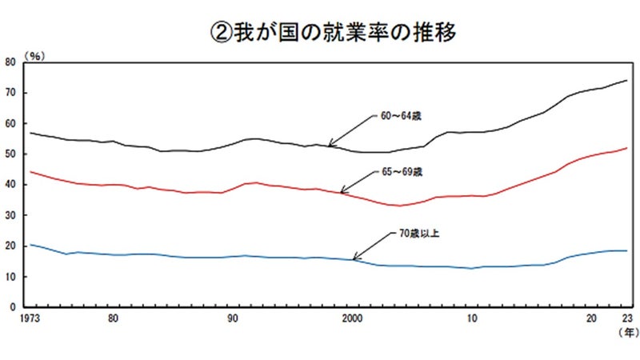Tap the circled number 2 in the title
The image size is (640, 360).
pyautogui.click(x=221, y=33)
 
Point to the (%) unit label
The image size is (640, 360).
pyautogui.click(x=34, y=56)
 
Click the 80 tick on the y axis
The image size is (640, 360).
pyautogui.click(x=10, y=62)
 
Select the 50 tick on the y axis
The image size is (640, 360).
pyautogui.click(x=10, y=154)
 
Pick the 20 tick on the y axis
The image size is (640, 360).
pyautogui.click(x=10, y=246)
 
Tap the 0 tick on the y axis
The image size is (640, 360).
pyautogui.click(x=13, y=307)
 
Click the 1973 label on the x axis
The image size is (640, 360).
pyautogui.click(x=30, y=318)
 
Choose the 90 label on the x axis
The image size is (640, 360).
pyautogui.click(x=233, y=318)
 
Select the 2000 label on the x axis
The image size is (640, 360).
pyautogui.click(x=352, y=318)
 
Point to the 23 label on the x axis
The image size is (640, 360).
pyautogui.click(x=627, y=318)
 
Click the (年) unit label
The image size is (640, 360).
pyautogui.click(x=629, y=332)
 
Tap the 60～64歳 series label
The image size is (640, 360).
pyautogui.click(x=401, y=116)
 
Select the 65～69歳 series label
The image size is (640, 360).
pyautogui.click(x=402, y=172)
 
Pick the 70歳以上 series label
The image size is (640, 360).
pyautogui.click(x=418, y=234)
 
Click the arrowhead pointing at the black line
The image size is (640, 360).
pyautogui.click(x=330, y=144)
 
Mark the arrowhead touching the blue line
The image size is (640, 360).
pyautogui.click(x=355, y=257)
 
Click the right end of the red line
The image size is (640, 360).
pyautogui.click(x=627, y=148)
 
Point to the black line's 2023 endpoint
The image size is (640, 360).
pyautogui.click(x=627, y=81)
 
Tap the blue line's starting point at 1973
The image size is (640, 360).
pyautogui.click(x=30, y=245)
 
